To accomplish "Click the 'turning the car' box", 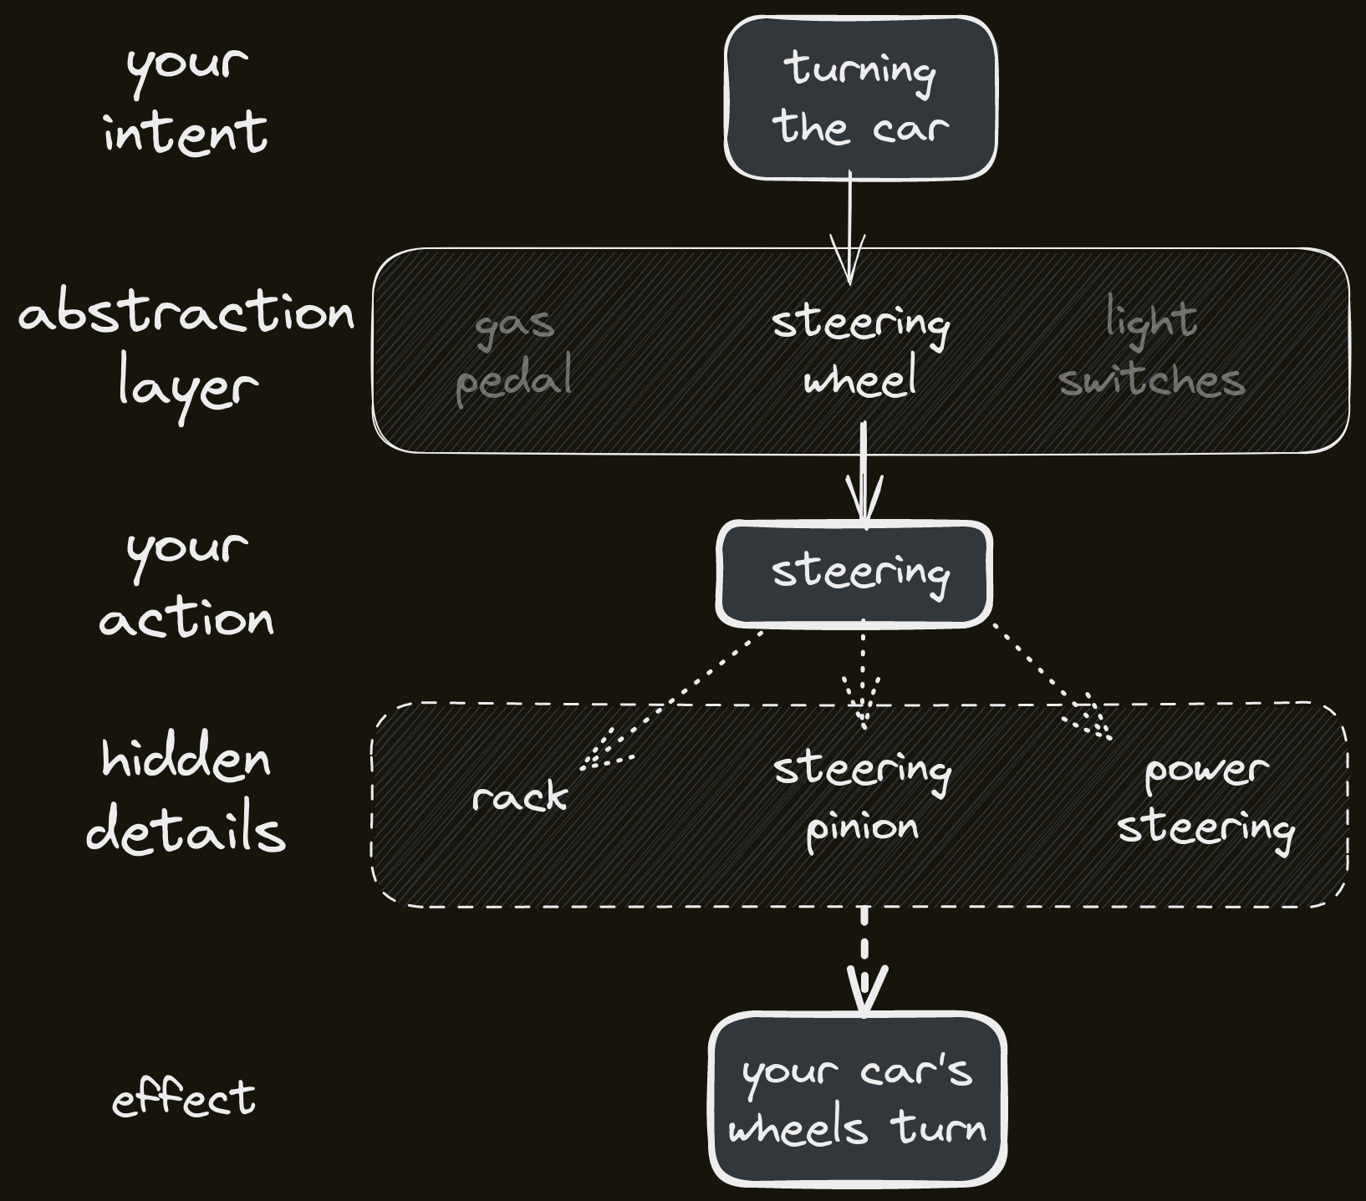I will [860, 99].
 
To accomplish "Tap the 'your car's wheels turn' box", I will [858, 1099].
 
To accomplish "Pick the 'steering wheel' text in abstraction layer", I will [860, 351].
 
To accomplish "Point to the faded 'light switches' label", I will [1152, 349].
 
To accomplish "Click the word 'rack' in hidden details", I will [519, 796].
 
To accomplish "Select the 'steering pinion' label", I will [861, 799].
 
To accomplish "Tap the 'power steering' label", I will [1205, 799].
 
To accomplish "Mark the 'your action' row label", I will [186, 583].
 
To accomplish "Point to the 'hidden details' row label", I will [186, 796].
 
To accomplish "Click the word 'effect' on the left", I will [184, 1097].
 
